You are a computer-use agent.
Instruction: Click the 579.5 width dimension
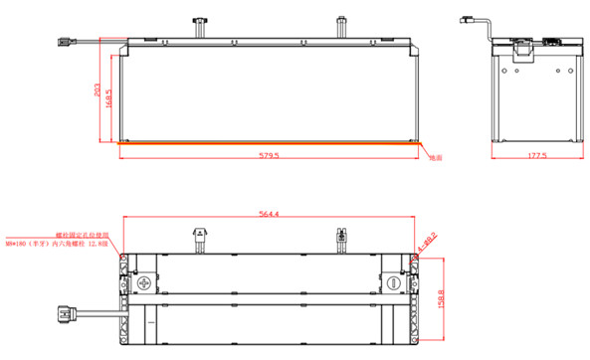coord(270,156)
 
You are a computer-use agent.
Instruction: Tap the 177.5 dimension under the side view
coord(537,156)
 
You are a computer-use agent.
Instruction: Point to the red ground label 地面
coord(435,157)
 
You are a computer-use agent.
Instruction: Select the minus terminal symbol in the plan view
coord(395,283)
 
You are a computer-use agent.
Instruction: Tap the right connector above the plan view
coord(341,238)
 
